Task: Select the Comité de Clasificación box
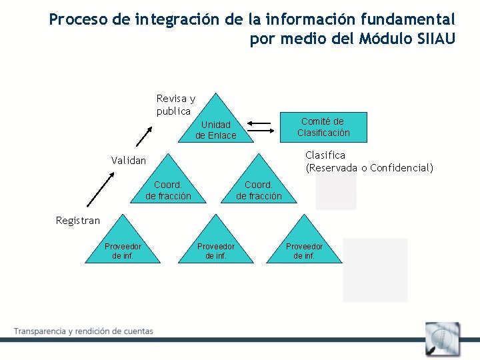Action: click(323, 127)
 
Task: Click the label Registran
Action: click(77, 221)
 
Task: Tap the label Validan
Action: click(128, 160)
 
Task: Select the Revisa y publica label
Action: click(175, 105)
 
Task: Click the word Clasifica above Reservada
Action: click(325, 155)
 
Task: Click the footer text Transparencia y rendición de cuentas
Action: click(84, 331)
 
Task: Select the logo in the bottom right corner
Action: click(443, 339)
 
